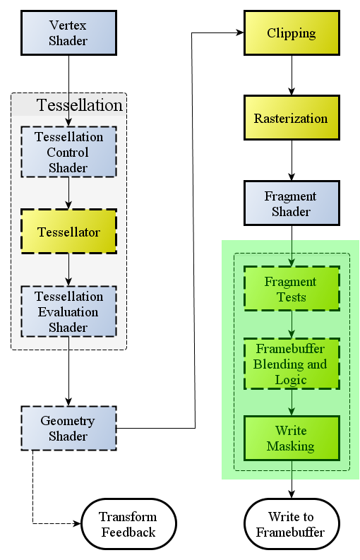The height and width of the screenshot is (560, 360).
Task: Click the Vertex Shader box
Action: pos(69,33)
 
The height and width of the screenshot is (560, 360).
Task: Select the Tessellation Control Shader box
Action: pos(69,152)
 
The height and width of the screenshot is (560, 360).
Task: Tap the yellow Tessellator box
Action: pos(69,232)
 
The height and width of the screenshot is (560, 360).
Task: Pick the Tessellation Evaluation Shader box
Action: pos(69,311)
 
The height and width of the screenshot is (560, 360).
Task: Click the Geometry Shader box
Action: pos(69,428)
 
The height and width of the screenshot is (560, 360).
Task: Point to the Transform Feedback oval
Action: pos(129,524)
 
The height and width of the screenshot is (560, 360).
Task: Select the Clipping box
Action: pos(292,33)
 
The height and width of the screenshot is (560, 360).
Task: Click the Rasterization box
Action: pos(292,117)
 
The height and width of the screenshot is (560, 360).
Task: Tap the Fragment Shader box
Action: pos(292,203)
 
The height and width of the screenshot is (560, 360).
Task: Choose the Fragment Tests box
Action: pos(292,289)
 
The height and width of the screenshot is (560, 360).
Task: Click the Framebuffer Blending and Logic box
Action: pos(292,364)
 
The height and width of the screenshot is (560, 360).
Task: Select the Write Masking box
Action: pos(292,439)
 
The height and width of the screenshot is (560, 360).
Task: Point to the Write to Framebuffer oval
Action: pos(292,524)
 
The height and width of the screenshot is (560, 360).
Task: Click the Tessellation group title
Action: pos(80,105)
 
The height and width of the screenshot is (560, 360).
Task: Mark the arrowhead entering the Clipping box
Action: pos(240,33)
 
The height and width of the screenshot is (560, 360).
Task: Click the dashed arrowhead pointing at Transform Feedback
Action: pos(78,524)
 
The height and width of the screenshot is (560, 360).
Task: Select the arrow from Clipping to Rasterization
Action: pos(292,76)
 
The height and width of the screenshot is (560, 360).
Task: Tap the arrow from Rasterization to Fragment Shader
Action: pos(292,160)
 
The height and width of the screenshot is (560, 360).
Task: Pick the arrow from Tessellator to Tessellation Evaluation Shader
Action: pos(69,270)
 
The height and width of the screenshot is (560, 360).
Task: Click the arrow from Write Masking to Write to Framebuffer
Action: pos(292,479)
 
